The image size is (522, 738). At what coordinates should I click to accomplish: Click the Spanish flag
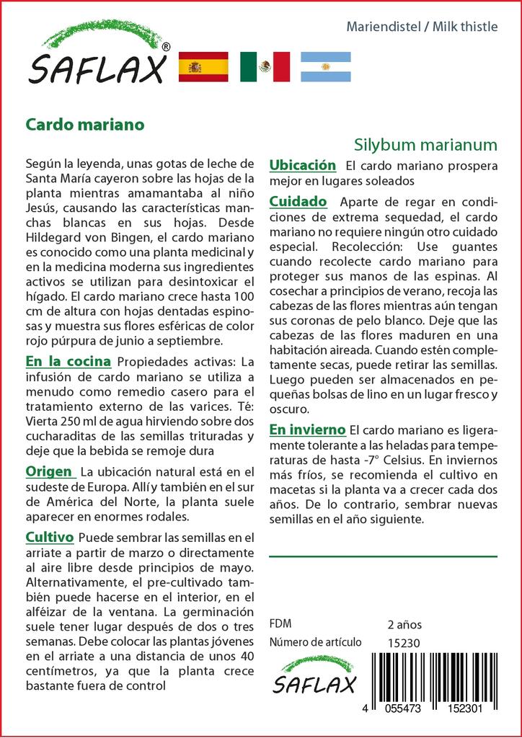[203, 67]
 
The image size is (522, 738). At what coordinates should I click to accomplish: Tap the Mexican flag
[265, 67]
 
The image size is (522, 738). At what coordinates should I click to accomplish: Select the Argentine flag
[325, 67]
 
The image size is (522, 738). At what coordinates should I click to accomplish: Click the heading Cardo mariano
[85, 123]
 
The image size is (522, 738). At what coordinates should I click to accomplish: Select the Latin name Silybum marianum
[426, 143]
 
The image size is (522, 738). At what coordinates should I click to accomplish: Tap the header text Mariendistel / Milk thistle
[422, 27]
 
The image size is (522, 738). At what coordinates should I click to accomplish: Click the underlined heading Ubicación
[302, 166]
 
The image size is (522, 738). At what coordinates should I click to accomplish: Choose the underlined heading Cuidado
[298, 201]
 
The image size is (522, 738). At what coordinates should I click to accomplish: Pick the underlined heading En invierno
[307, 430]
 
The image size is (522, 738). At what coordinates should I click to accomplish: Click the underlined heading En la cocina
[68, 361]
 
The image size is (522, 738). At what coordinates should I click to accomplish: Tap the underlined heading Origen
[49, 471]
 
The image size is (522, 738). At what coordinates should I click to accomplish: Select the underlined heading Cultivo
[50, 537]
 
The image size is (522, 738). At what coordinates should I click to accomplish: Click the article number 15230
[403, 643]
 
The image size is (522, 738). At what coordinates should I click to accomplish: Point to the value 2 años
[404, 624]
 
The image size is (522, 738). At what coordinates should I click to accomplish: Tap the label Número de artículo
[314, 643]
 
